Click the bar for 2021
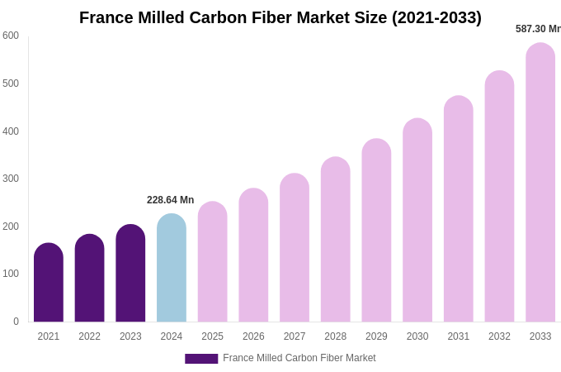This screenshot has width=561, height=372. point(49,283)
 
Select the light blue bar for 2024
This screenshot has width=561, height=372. point(172,268)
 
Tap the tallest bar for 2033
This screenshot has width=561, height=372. point(540,183)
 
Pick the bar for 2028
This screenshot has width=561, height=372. point(336,240)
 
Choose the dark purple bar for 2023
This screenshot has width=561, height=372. point(130,274)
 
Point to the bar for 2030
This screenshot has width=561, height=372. point(417,220)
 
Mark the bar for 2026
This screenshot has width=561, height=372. point(253,255)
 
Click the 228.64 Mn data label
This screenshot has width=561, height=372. point(170,200)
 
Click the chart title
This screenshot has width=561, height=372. point(280,17)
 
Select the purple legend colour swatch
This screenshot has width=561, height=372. point(201,359)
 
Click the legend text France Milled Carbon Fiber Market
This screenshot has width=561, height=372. point(299,358)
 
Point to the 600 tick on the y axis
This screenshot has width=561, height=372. point(11,36)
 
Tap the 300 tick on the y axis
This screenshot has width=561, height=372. point(11,179)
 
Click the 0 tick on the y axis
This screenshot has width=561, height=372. point(16,322)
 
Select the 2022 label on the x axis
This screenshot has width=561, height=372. point(89,336)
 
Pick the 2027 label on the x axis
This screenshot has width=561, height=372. point(295,336)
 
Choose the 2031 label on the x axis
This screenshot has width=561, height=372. point(459,336)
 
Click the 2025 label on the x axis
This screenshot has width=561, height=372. point(212,336)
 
